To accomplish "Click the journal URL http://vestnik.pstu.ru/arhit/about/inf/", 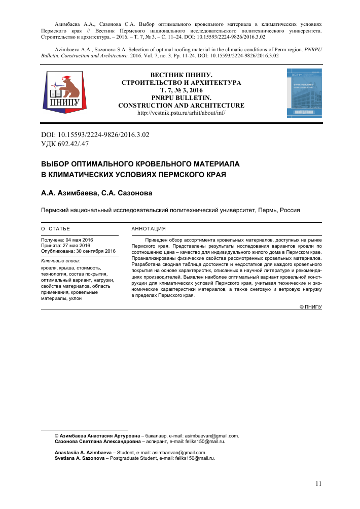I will (x=181, y=113).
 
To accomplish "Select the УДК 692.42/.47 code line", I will (x=64, y=144).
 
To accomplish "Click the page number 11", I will (x=318, y=484).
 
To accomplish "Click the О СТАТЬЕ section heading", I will (x=56, y=229).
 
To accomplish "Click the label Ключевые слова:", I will (x=57, y=261).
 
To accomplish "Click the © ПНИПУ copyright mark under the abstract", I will (x=311, y=307).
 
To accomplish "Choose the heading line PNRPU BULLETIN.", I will (x=181, y=98).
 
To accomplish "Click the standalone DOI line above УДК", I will (x=95, y=135).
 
